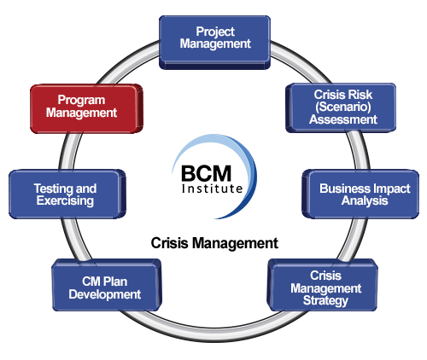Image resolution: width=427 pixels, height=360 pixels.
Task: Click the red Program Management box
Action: pyautogui.click(x=86, y=108)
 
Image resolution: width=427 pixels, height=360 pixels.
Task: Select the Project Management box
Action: pyautogui.click(x=214, y=43)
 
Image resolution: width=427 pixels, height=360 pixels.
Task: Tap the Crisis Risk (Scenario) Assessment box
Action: pyautogui.click(x=341, y=107)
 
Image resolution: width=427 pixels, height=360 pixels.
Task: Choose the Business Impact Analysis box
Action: pyautogui.click(x=360, y=194)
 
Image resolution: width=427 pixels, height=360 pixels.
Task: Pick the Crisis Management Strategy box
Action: pyautogui.click(x=322, y=285)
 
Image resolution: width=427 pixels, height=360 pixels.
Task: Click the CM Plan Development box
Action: pyautogui.click(x=107, y=285)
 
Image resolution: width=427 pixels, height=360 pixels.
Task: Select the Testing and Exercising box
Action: pyautogui.click(x=67, y=194)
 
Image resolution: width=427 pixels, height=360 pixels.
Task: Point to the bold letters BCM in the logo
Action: pyautogui.click(x=206, y=173)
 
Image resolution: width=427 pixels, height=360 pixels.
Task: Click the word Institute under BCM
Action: pyautogui.click(x=212, y=189)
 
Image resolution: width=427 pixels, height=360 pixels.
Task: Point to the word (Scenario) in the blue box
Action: pyautogui.click(x=343, y=107)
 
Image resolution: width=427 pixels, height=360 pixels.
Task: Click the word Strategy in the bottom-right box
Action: pyautogui.click(x=325, y=301)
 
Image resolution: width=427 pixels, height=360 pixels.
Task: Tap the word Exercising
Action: pyautogui.click(x=65, y=200)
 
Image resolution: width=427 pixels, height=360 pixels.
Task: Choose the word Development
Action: pyautogui.click(x=105, y=294)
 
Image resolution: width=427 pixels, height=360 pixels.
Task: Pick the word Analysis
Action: pyautogui.click(x=365, y=200)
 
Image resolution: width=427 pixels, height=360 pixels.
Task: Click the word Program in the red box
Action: pyautogui.click(x=81, y=100)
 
